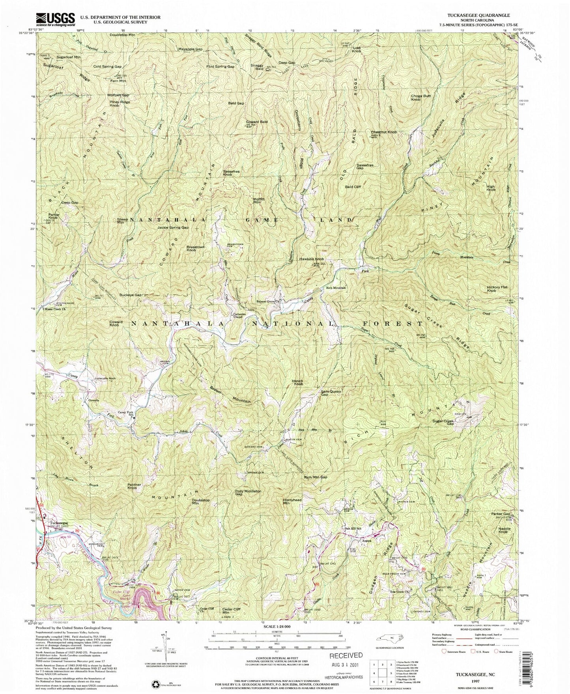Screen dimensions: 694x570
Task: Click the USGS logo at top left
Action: click(x=55, y=19)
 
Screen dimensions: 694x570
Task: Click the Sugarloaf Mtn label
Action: click(x=68, y=57)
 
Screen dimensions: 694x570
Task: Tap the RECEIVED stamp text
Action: click(x=346, y=655)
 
